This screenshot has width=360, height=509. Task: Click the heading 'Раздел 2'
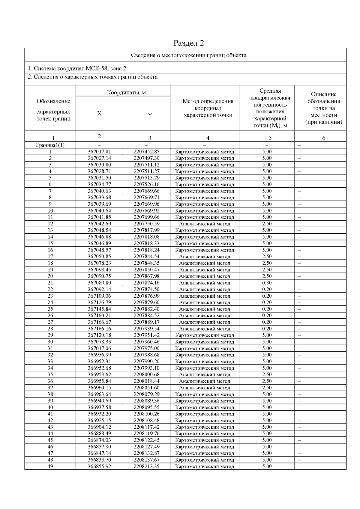pos(189,43)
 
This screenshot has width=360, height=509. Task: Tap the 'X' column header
pos(99,114)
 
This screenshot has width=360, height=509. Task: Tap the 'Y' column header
pos(150,115)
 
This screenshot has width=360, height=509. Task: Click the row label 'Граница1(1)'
pos(50,145)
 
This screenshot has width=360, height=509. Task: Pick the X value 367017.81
pos(99,152)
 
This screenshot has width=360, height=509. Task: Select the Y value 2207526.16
pos(146,184)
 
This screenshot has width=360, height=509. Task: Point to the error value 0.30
pos(267,283)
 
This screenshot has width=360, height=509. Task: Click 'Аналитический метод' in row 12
pos(205,224)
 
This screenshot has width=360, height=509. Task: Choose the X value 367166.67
pos(99,322)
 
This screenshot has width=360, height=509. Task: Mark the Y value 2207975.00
pos(146,348)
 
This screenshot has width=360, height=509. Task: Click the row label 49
pos(50,466)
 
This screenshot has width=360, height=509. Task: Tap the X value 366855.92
pos(99,466)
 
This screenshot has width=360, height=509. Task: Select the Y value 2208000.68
pos(146,374)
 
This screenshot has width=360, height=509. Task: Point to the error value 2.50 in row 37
pos(267,388)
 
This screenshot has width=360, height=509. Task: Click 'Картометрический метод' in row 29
pos(205,335)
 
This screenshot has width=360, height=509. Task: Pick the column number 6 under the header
pos(324,138)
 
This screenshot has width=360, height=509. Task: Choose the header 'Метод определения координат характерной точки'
pos(208,108)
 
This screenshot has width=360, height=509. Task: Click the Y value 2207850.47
pos(146,269)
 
